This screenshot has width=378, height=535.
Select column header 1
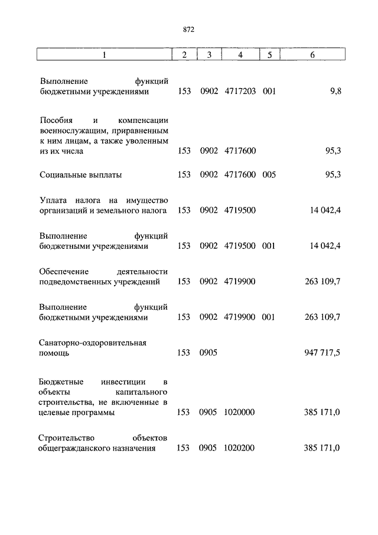point(105,55)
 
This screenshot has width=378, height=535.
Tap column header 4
point(239,55)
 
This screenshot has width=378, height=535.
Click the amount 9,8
point(335,92)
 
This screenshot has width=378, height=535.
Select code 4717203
point(240,92)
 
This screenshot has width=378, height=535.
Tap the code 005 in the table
point(269,175)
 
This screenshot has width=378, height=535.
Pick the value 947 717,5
point(321,353)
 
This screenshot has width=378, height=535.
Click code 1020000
point(239,413)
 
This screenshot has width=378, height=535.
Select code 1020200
point(239,449)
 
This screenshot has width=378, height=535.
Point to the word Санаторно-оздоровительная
point(92,342)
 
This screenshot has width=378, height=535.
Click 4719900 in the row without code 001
point(239,281)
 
